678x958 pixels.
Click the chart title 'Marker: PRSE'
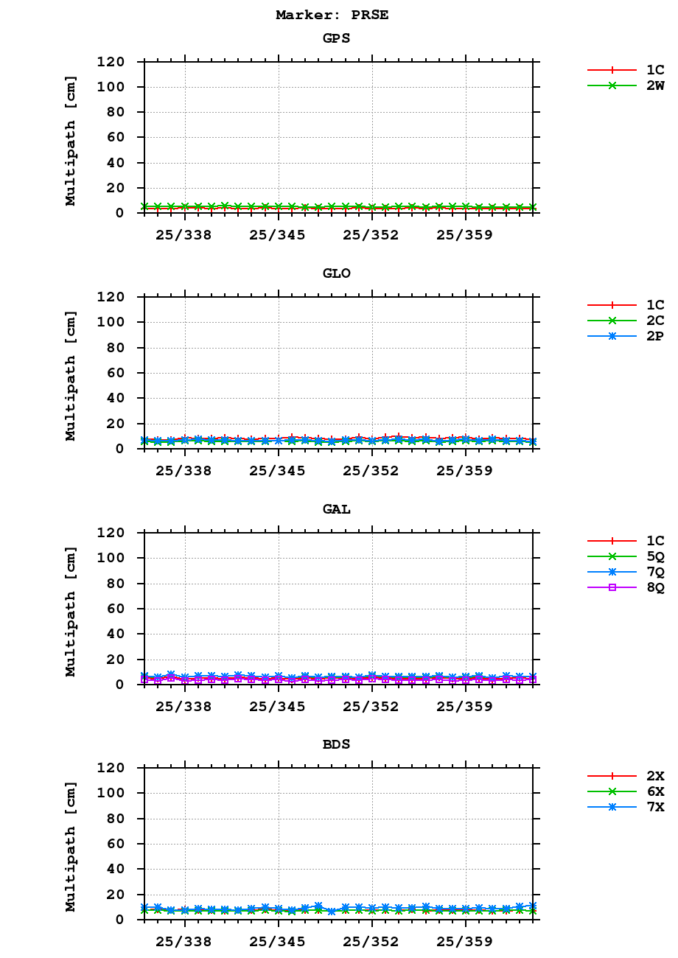[332, 15]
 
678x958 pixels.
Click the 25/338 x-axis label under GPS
[184, 235]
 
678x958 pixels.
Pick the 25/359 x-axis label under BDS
[465, 941]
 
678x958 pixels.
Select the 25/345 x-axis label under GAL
[278, 706]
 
